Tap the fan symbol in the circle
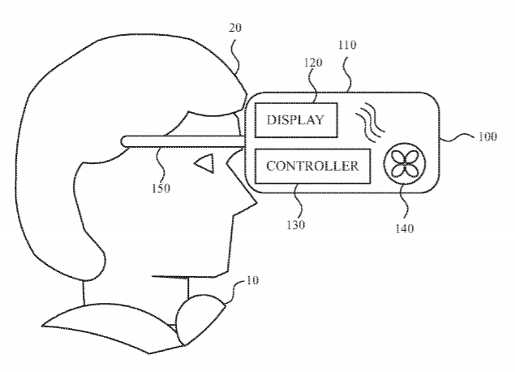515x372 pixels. pyautogui.click(x=405, y=163)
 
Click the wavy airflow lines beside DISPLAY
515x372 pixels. pyautogui.click(x=370, y=123)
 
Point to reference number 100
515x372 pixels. pyautogui.click(x=487, y=136)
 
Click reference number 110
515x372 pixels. pyautogui.click(x=347, y=45)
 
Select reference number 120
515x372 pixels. pyautogui.click(x=312, y=63)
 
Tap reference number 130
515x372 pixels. pyautogui.click(x=295, y=225)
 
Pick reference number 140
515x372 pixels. pyautogui.click(x=405, y=228)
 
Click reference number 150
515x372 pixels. pyautogui.click(x=161, y=188)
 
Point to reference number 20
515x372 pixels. pyautogui.click(x=235, y=28)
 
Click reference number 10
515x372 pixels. pyautogui.click(x=252, y=280)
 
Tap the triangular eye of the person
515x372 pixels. pyautogui.click(x=205, y=163)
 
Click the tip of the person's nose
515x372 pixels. pyautogui.click(x=256, y=204)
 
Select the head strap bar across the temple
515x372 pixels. pyautogui.click(x=182, y=141)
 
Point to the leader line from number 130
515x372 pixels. pyautogui.click(x=298, y=201)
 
